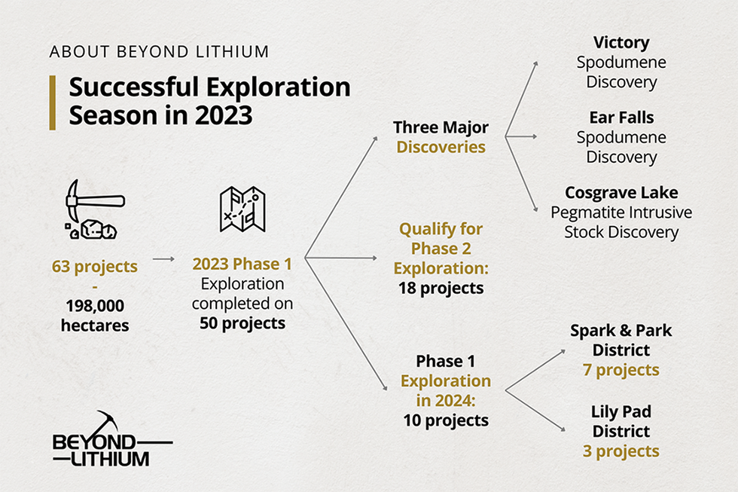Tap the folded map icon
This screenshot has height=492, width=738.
pos(242,209)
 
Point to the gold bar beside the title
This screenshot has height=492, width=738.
pos(53,102)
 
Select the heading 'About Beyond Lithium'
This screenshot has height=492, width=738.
pos(159,51)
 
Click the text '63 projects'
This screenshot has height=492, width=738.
pos(95,267)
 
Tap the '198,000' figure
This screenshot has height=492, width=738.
pos(95,306)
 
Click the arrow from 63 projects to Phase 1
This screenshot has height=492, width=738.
pos(164,259)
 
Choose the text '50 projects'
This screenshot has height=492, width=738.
pos(242,323)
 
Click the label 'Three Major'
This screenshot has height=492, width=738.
pos(441,127)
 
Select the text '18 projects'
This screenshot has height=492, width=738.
pos(441,288)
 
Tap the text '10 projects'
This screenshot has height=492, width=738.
pos(446,420)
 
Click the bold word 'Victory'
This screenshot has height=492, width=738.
pos(621,42)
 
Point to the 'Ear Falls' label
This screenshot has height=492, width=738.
pos(621,118)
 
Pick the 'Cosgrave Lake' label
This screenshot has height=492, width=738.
pos(621,193)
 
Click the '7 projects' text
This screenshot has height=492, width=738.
pos(621,370)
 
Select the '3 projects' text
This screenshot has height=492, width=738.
pos(621,451)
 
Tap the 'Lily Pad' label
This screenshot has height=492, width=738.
pos(621,411)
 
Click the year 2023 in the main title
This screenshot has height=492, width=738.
pos(224,115)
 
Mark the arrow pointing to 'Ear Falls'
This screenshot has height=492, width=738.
pos(521,136)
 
